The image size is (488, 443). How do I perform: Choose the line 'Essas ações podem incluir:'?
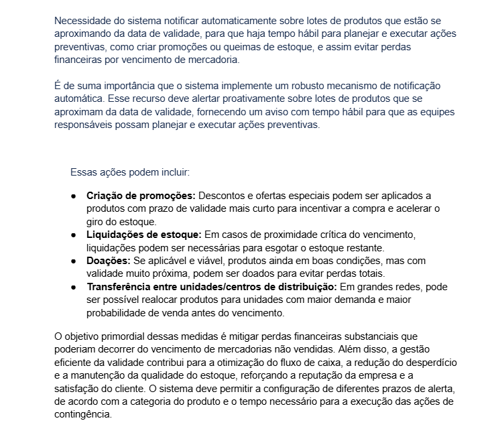click(130, 172)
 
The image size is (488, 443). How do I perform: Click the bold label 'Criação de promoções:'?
click(141, 196)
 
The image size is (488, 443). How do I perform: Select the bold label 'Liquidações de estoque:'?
click(144, 235)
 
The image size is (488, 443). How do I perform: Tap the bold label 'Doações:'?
click(109, 261)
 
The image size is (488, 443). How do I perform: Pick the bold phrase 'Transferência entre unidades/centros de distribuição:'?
click(212, 287)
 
